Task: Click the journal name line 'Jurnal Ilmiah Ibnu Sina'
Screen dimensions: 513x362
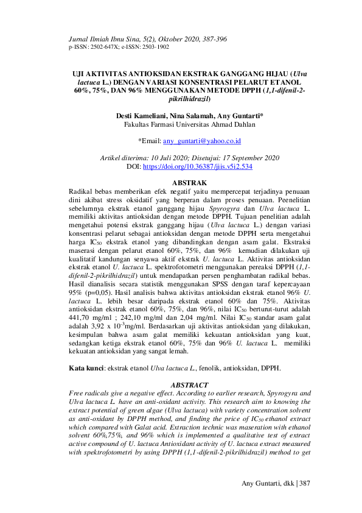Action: pos(106,39)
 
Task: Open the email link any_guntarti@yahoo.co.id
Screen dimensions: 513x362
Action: pos(203,141)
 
